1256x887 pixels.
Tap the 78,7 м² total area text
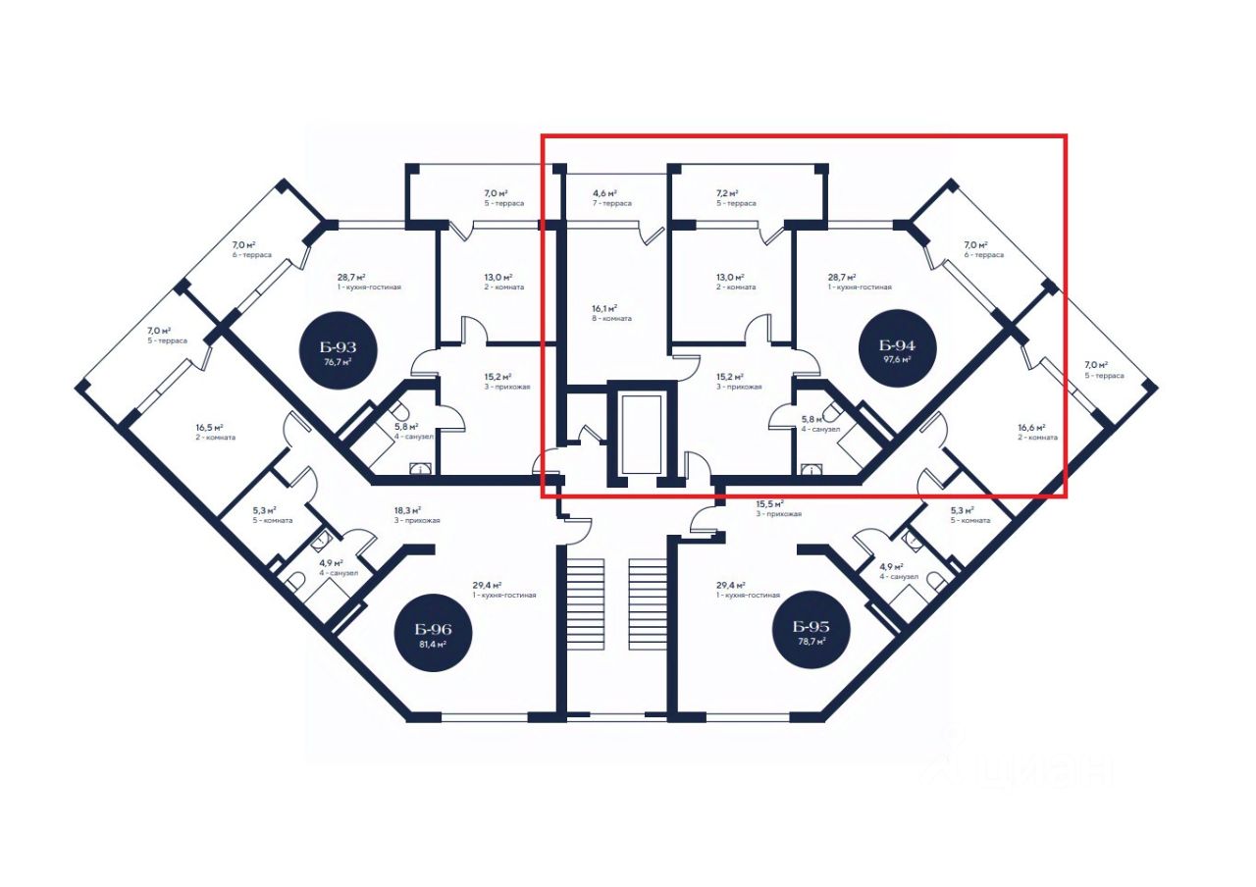pyautogui.click(x=811, y=641)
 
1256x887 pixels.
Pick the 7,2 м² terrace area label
pyautogui.click(x=727, y=194)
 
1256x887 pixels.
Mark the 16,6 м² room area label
pyautogui.click(x=1031, y=427)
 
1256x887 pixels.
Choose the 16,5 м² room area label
pyautogui.click(x=209, y=427)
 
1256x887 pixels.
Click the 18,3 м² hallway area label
pyautogui.click(x=408, y=510)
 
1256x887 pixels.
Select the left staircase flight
pyautogui.click(x=585, y=603)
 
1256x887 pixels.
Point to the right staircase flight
pyautogui.click(x=648, y=603)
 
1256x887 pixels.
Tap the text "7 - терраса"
pyautogui.click(x=611, y=203)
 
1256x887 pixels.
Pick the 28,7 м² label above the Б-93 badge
pyautogui.click(x=350, y=278)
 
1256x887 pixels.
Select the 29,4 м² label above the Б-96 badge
pyautogui.click(x=487, y=585)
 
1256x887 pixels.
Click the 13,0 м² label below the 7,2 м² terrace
pyautogui.click(x=730, y=278)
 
